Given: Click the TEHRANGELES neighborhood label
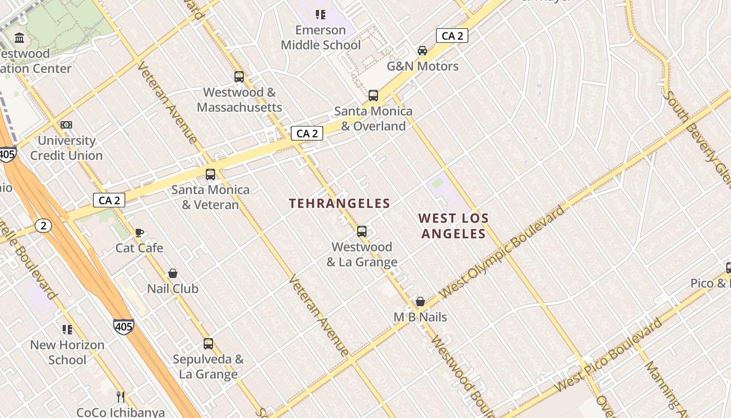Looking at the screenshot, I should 339,204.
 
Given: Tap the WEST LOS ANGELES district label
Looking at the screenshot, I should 453,226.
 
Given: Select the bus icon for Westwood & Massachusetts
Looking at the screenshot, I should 239,77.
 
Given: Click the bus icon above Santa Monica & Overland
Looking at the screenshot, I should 373,96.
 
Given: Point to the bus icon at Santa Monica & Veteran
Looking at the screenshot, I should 210,175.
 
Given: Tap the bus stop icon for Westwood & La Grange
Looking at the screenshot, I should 362,231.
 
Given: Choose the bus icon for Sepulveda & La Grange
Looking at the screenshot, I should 208,344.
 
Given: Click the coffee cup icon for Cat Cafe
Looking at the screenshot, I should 139,233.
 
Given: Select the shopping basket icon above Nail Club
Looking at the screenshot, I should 173,274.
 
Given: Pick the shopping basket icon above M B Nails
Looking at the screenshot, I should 420,301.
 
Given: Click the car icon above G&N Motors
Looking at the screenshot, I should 422,51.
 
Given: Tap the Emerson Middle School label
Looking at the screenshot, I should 321,38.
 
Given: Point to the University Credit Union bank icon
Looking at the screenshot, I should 66,125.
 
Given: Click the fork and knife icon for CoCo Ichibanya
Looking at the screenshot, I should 121,397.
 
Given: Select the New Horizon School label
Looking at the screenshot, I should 67,352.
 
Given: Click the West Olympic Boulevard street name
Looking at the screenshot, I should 502,252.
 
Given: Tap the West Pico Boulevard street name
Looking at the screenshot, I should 608,355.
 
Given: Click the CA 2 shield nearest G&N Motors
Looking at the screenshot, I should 452,36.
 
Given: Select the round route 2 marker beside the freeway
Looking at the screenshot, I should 44,226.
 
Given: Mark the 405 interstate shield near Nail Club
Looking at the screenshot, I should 123,327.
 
